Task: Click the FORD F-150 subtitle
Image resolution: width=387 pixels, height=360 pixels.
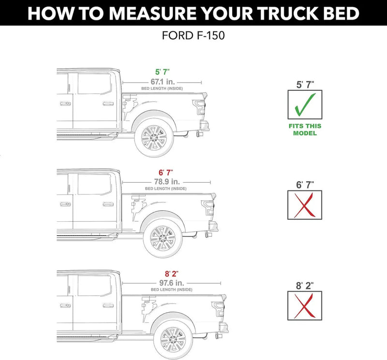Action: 193,36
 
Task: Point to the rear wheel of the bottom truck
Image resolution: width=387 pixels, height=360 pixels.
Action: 173,339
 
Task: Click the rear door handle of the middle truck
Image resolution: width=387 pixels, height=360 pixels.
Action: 108,204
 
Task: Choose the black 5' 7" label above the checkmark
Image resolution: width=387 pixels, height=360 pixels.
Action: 305,84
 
